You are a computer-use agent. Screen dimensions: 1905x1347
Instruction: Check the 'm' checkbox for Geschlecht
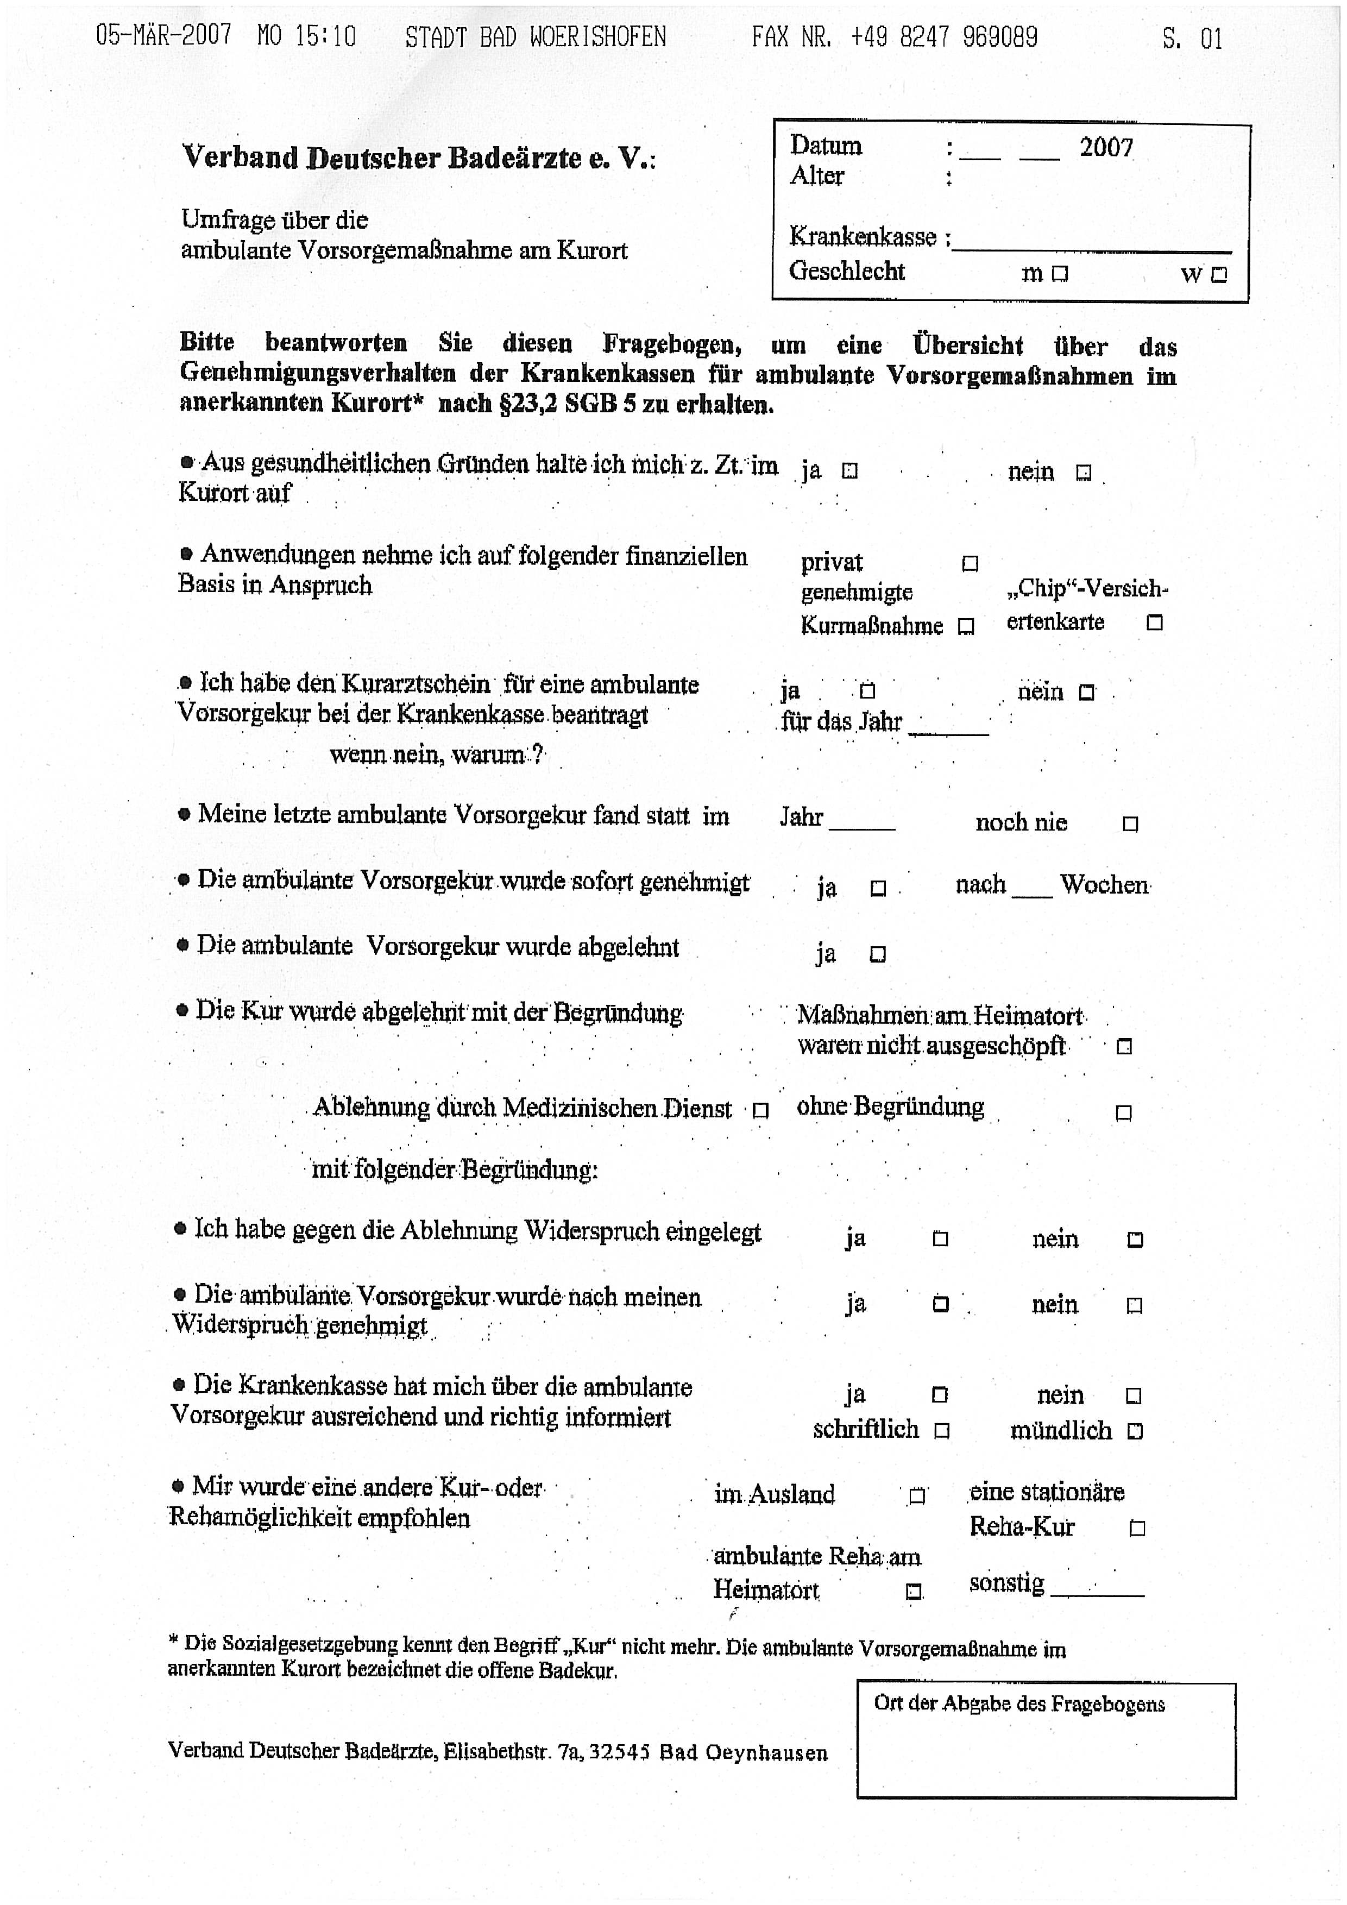pos(1059,274)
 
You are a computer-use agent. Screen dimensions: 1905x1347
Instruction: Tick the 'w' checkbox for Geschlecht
pos(1218,275)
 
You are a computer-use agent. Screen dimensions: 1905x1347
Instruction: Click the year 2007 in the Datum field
pos(1106,148)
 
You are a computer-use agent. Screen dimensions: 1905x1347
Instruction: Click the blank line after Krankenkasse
pos(1092,242)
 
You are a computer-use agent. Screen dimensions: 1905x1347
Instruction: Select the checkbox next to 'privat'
pos(970,564)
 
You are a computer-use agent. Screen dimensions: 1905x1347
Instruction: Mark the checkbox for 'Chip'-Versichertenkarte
pos(1154,623)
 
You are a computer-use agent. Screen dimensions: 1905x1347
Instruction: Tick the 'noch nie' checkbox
pos(1130,824)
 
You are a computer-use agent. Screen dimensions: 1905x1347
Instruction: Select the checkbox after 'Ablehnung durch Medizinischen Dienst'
pos(760,1111)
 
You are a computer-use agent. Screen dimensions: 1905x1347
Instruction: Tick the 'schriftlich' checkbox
pos(941,1431)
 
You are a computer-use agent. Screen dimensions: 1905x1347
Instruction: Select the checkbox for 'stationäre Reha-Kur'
pos(1137,1529)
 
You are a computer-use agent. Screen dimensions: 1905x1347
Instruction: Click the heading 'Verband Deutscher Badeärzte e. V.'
pos(419,158)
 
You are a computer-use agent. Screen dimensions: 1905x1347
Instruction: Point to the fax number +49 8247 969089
pos(943,37)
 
